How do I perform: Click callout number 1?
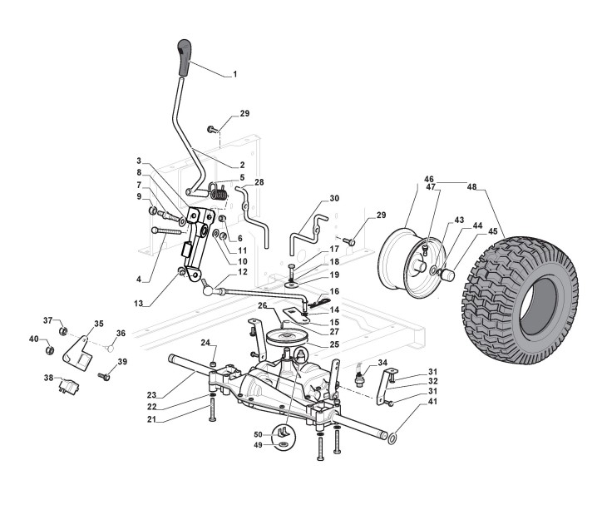click(x=234, y=74)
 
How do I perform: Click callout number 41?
click(x=409, y=402)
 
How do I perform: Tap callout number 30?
click(x=335, y=198)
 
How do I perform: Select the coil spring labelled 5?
click(x=219, y=192)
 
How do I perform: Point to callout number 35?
click(x=98, y=324)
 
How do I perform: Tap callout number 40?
click(x=33, y=339)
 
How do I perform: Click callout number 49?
click(x=258, y=447)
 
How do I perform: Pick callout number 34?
click(x=383, y=362)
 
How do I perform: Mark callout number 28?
click(x=259, y=181)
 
